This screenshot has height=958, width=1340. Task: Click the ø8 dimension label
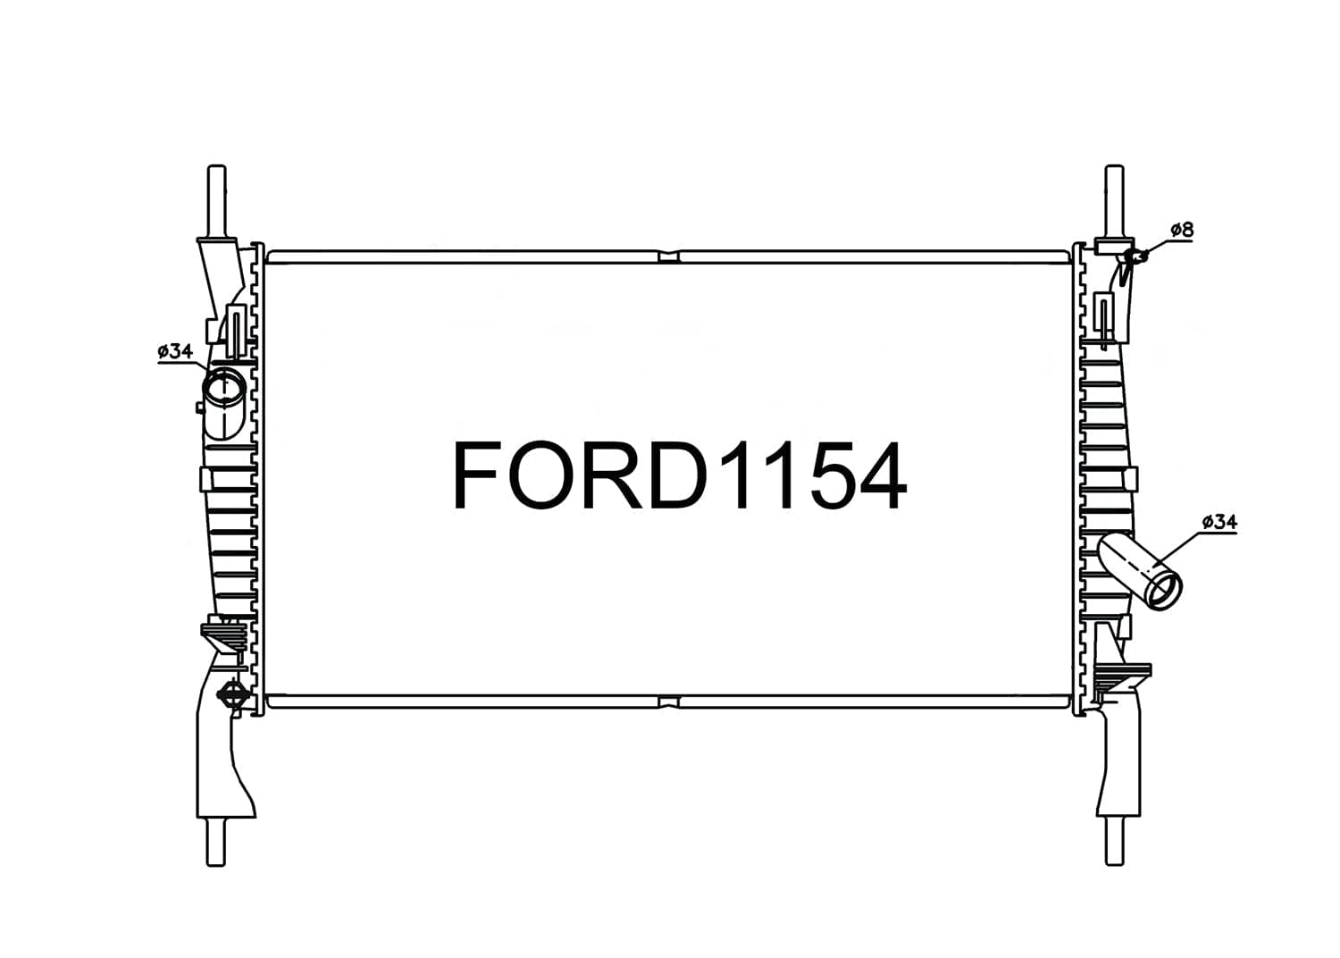coord(1181,231)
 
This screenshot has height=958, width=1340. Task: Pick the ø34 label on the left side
coord(174,351)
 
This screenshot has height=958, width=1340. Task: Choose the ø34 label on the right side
coord(1219,521)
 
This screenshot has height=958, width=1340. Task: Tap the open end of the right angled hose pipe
coord(1164,592)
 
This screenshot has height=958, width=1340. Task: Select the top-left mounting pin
coord(216,201)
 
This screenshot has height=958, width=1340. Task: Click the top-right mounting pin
coord(1114,201)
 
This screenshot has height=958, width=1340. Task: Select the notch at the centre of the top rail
coord(668,256)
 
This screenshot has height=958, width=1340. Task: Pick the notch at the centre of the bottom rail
coord(668,702)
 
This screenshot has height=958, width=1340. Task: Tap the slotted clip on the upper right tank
coord(1104,322)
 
